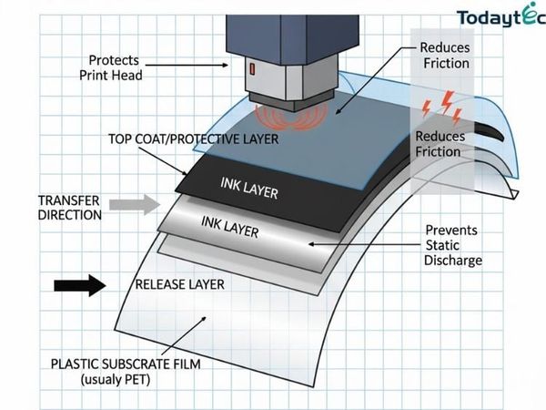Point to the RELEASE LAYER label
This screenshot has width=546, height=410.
point(179,284)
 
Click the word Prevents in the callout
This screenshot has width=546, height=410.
point(451,231)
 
